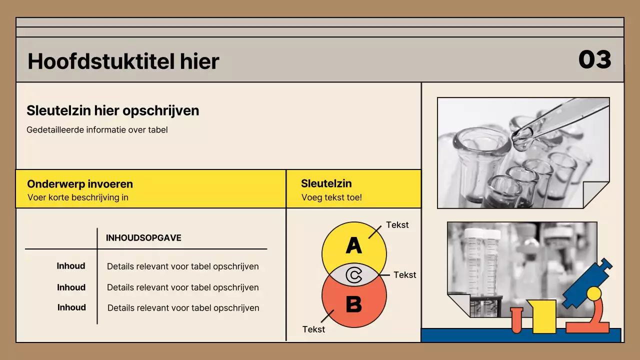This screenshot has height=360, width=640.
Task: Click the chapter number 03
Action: [x=594, y=59]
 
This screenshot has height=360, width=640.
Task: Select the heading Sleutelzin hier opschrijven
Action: [x=112, y=110]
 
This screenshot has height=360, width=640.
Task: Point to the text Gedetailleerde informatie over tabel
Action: [x=97, y=130]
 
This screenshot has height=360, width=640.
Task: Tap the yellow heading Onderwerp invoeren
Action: [x=80, y=184]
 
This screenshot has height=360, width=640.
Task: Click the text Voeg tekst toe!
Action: [x=331, y=197]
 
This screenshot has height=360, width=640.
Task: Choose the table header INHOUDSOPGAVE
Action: [x=143, y=238]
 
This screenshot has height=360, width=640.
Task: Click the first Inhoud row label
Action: [x=71, y=266]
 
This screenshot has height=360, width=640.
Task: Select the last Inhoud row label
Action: [x=71, y=307]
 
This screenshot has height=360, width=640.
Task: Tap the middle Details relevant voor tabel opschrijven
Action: [x=183, y=287]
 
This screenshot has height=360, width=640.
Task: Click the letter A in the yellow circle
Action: [x=353, y=245]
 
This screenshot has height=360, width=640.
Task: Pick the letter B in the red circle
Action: [x=353, y=303]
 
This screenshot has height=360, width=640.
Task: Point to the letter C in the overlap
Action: [x=354, y=275]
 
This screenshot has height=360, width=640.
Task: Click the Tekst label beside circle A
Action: [x=397, y=225]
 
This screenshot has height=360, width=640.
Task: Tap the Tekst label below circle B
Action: [x=314, y=329]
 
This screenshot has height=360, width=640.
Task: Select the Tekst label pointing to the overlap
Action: [x=405, y=275]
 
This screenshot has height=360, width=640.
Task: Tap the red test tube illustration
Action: [x=516, y=320]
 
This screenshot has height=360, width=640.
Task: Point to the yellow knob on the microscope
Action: [x=594, y=293]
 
